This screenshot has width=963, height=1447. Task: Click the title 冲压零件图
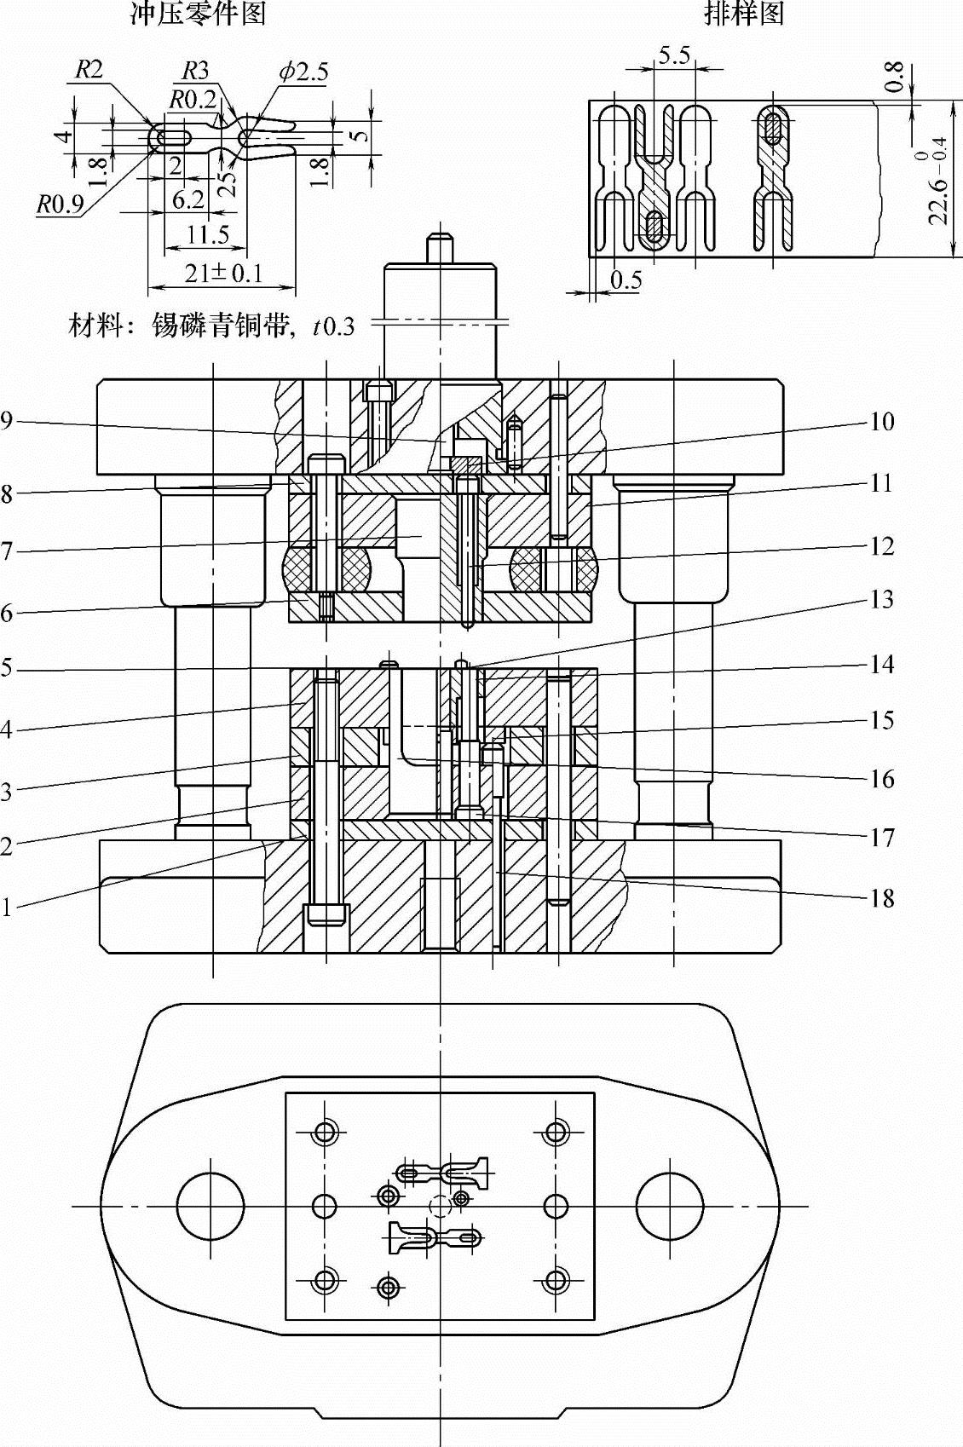tap(198, 14)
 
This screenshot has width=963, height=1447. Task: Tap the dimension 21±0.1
tap(223, 274)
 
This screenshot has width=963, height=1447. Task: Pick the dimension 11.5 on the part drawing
tap(208, 234)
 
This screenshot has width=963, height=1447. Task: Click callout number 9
tap(7, 421)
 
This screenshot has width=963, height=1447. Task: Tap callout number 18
tap(882, 897)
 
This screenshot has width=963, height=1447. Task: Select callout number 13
tap(882, 600)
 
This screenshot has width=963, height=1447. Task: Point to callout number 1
tap(7, 908)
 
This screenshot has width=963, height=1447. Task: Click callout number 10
tap(882, 421)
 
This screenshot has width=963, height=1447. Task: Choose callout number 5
tap(7, 668)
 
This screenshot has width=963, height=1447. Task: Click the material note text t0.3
tap(333, 326)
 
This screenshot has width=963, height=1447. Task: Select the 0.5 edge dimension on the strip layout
tap(626, 280)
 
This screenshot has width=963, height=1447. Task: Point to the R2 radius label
tap(89, 70)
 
